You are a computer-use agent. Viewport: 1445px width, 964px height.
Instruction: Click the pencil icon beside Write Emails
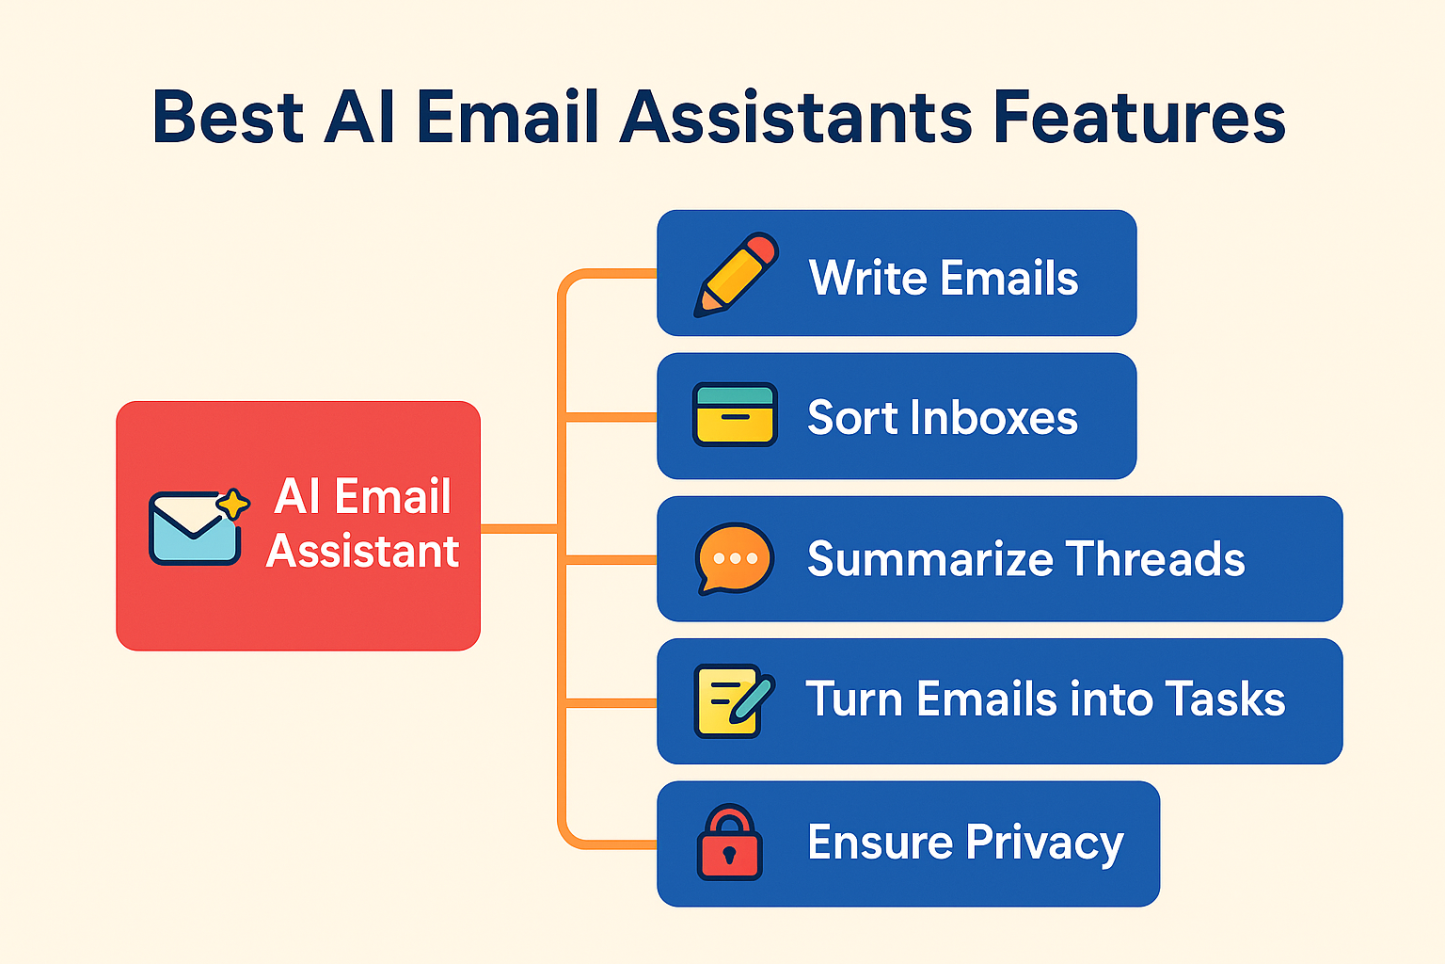click(x=736, y=274)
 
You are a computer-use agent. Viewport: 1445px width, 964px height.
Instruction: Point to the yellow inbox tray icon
click(x=735, y=414)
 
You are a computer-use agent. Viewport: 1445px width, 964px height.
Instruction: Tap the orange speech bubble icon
click(x=734, y=558)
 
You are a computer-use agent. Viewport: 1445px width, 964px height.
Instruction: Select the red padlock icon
click(x=730, y=842)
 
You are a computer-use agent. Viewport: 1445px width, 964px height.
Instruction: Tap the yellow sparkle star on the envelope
click(x=233, y=505)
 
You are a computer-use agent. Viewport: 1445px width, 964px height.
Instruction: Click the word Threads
click(x=1154, y=558)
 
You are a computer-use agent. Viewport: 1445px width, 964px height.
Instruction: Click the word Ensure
click(x=880, y=842)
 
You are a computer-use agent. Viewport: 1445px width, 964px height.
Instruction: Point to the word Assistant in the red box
click(x=362, y=551)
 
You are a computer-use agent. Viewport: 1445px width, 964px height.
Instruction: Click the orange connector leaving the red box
click(x=520, y=529)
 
